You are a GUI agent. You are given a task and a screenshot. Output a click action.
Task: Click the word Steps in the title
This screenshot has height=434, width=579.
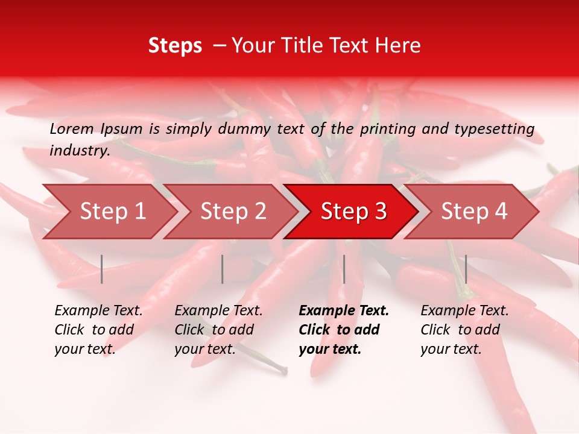(x=175, y=46)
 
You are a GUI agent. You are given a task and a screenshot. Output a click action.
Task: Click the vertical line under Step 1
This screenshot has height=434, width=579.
(x=102, y=269)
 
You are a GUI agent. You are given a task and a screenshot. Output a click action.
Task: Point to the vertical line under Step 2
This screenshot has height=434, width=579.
(x=223, y=269)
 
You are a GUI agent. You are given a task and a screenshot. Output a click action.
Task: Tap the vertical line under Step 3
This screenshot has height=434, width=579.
(x=344, y=269)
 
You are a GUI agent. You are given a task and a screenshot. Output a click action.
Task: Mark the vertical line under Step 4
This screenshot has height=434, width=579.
(x=466, y=269)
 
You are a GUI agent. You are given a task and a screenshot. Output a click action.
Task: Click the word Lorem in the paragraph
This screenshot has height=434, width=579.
(x=72, y=129)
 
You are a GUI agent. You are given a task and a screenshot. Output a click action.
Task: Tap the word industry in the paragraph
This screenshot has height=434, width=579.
(x=80, y=151)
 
